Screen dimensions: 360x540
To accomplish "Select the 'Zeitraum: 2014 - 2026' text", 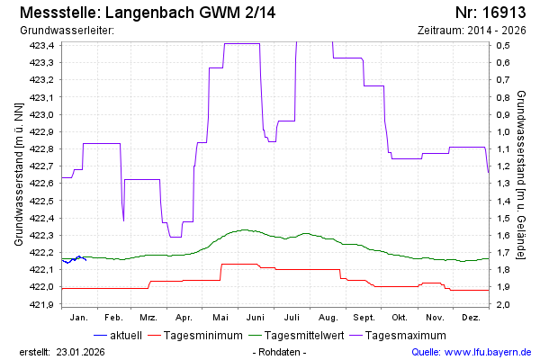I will (x=472, y=30).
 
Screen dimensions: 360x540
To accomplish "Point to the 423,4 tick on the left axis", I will (x=42, y=45).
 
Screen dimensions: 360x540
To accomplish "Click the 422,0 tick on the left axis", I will (x=42, y=287).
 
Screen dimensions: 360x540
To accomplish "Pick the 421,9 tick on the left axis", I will (x=42, y=304).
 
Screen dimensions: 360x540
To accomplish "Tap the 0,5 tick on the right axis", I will (x=505, y=45).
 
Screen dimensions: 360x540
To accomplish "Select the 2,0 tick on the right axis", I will (x=505, y=304).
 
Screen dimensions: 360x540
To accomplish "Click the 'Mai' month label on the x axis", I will (x=220, y=318).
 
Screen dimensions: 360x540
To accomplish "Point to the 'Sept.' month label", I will (x=364, y=318).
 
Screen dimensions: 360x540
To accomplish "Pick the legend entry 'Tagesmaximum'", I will (x=407, y=336).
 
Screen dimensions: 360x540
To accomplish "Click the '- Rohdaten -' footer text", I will (x=280, y=351).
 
